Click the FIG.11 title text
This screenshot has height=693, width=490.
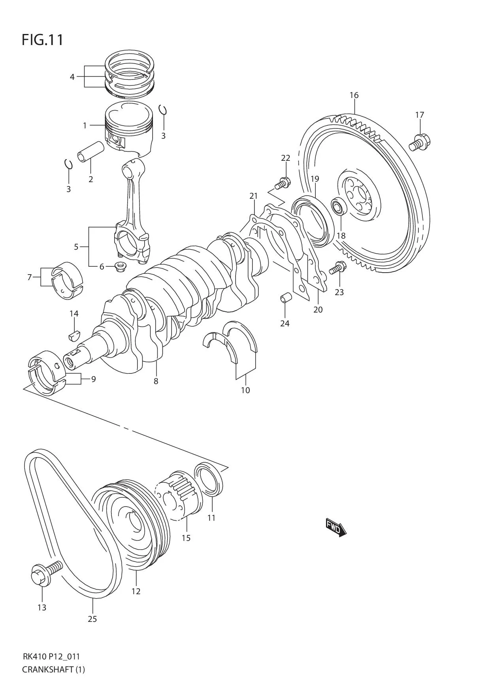[42, 40]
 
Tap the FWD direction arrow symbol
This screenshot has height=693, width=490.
[335, 527]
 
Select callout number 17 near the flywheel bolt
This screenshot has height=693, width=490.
[419, 115]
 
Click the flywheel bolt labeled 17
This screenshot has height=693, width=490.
[419, 143]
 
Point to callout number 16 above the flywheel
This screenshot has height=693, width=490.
[354, 95]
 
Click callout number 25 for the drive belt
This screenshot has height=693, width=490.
[92, 619]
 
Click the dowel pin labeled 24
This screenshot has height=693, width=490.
[286, 298]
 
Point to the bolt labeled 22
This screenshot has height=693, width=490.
[283, 183]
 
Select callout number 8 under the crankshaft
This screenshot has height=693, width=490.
[156, 381]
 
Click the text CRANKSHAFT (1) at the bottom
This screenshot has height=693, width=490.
[53, 669]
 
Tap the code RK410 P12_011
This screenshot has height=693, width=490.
[51, 657]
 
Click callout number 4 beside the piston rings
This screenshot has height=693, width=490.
[72, 77]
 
